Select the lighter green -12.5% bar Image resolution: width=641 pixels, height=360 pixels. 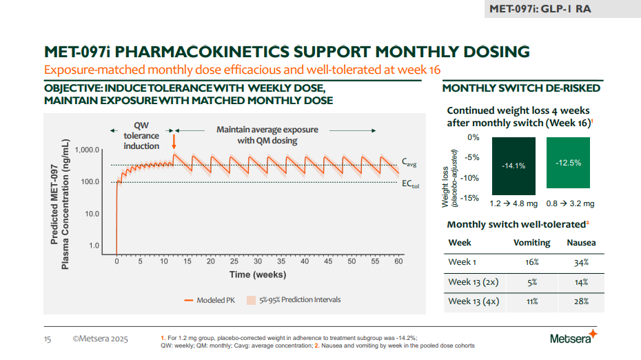coord(567,163)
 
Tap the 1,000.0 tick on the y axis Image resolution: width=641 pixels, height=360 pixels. coord(88,150)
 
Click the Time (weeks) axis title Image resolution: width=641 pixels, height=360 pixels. coord(258,274)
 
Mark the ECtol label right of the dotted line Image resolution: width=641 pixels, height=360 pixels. coord(410,184)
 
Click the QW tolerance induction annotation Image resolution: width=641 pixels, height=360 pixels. coord(141,135)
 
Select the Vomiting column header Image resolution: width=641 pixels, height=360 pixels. coord(531,243)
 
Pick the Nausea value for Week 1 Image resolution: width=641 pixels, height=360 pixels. coord(581,262)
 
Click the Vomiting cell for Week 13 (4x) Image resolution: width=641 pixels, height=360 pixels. coord(531,301)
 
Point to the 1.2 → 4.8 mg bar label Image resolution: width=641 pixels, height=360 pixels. coord(513,204)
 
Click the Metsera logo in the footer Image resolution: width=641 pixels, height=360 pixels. coord(573,338)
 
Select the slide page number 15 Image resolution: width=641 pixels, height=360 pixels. coord(48,339)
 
